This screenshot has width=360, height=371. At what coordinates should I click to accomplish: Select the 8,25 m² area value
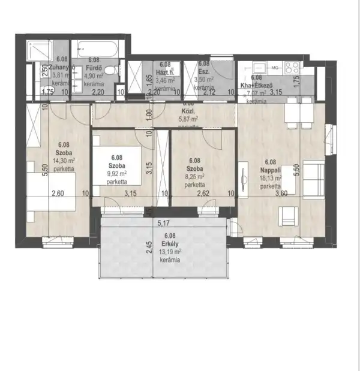click(194, 177)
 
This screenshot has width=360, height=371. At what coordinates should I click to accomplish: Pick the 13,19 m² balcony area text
click(170, 251)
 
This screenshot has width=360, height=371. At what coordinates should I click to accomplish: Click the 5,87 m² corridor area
click(188, 119)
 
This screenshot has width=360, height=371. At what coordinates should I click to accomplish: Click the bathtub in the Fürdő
click(99, 47)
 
